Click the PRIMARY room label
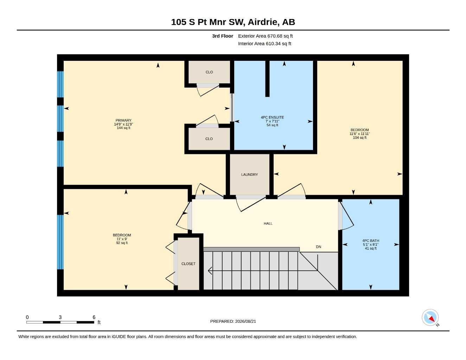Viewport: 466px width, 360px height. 123,121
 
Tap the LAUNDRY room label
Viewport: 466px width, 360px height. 249,175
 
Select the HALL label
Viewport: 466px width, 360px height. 268,224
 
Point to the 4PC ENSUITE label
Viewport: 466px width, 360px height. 272,117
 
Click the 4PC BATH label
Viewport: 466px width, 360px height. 371,240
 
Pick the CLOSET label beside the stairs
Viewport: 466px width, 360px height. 188,264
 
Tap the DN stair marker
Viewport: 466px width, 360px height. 318,247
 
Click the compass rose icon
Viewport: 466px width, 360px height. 430,317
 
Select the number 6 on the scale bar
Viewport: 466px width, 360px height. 94,317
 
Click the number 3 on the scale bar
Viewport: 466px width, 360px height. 60,317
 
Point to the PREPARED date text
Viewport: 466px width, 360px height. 233,321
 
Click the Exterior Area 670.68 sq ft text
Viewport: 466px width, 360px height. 265,36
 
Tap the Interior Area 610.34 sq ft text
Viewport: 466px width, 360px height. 264,44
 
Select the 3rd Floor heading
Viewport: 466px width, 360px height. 222,36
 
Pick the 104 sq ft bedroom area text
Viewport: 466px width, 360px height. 360,137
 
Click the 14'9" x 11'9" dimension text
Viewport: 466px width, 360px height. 123,124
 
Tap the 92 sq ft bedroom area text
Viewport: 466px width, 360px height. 122,243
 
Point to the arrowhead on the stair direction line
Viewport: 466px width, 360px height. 210,270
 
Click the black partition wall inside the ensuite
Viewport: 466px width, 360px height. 267,79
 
